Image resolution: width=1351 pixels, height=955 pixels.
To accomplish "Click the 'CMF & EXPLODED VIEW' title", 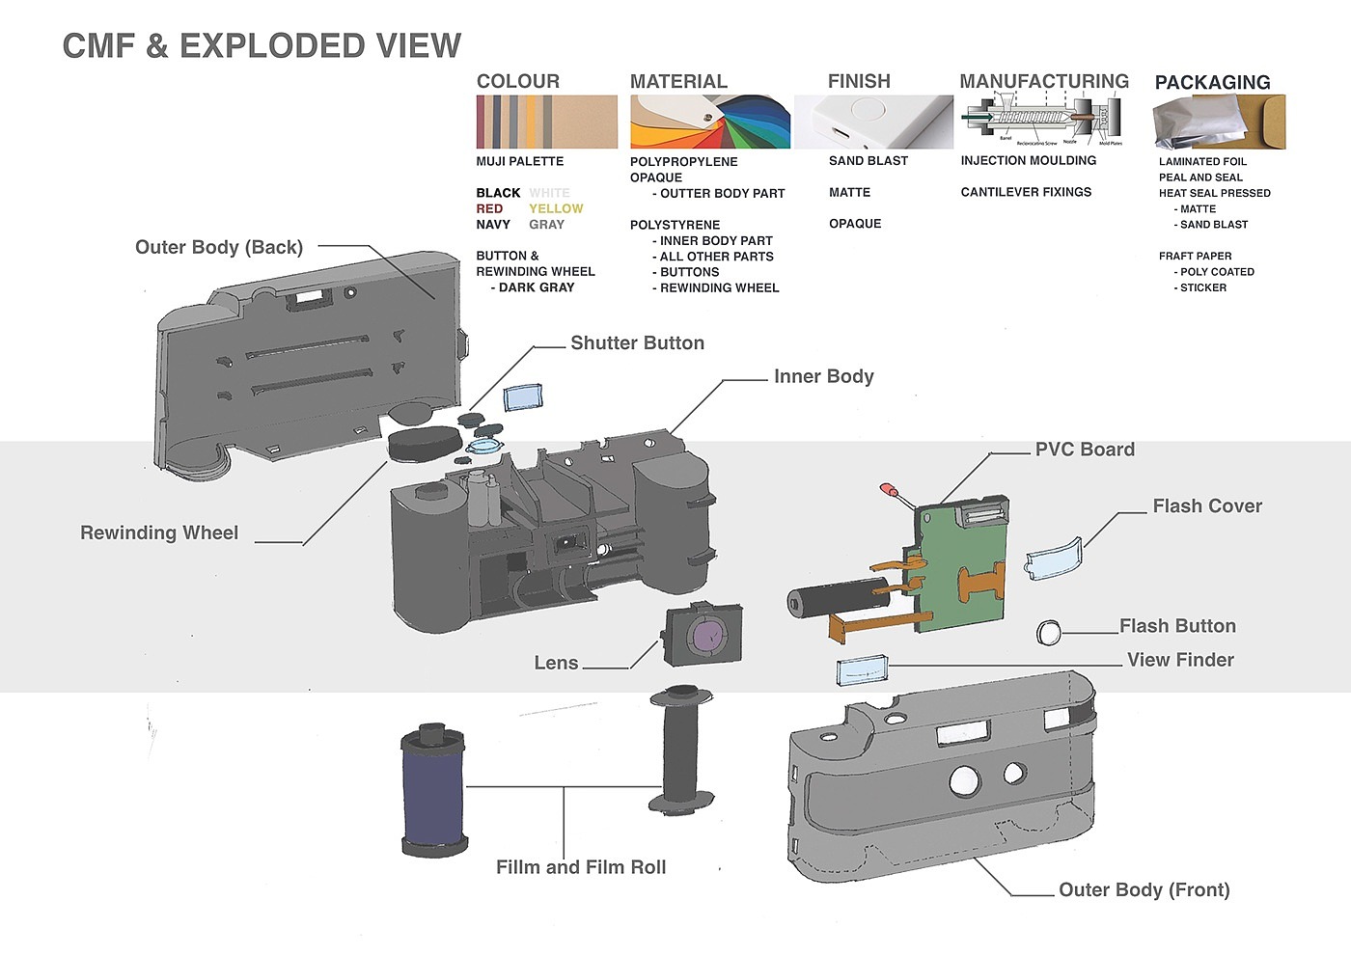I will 262,45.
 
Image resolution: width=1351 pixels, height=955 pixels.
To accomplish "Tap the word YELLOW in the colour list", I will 556,208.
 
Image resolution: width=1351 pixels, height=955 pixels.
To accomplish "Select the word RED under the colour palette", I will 489,208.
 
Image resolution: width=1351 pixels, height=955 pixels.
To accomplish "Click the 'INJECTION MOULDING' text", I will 1028,161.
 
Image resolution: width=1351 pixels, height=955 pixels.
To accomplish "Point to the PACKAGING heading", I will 1212,82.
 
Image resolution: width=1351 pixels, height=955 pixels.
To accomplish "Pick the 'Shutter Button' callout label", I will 637,343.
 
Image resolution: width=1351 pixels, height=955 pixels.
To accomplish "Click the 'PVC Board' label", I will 1085,450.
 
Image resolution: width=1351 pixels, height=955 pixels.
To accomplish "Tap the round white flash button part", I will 1048,633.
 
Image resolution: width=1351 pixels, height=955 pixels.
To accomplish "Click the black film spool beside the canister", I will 682,750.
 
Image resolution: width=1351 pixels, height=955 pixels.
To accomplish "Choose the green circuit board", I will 960,569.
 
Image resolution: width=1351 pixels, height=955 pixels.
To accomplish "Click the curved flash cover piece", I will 1054,559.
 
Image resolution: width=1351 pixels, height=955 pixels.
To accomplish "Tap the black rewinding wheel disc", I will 424,444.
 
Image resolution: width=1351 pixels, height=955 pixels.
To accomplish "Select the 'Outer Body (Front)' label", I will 1144,890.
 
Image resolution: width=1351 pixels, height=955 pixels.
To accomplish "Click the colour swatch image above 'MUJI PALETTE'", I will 546,122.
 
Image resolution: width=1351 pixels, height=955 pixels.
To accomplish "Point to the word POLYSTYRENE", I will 675,225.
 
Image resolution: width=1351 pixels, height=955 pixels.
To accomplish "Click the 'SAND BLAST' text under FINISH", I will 868,161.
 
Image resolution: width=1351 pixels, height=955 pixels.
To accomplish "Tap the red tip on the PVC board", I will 887,490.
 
